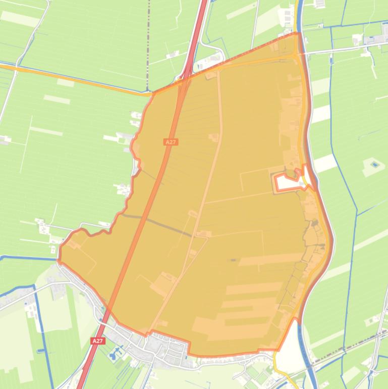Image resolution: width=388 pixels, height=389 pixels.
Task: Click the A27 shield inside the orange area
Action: pos(171,142)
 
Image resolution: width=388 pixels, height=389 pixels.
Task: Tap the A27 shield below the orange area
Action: pos(98,341)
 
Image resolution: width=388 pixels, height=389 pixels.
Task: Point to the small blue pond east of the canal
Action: pos(374,164)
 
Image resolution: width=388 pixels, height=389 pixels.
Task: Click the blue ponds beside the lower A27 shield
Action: pos(116,352)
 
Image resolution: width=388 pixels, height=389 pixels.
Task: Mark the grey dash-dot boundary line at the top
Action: pos(149,40)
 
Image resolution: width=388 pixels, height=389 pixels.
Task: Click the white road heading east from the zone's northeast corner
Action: pos(343,49)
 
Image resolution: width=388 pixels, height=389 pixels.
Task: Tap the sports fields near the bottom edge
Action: pos(255,374)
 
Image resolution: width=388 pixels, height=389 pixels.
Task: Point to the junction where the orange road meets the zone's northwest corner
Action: pos(153,93)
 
